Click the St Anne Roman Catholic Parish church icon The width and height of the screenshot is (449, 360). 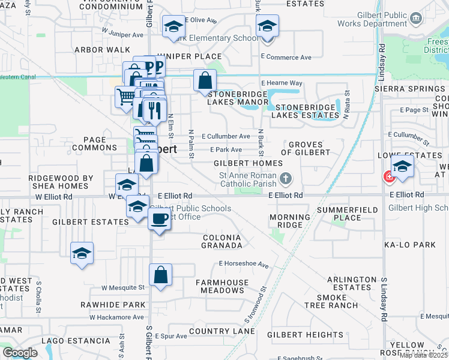pyautogui.click(x=286, y=178)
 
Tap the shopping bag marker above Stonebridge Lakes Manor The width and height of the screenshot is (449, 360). pyautogui.click(x=205, y=80)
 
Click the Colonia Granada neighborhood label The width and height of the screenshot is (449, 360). pyautogui.click(x=221, y=241)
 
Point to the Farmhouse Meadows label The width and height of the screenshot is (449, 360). pyautogui.click(x=222, y=286)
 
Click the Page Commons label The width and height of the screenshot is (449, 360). pyautogui.click(x=94, y=143)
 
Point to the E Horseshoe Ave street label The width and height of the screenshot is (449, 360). pyautogui.click(x=243, y=263)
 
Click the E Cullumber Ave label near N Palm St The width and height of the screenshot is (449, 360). pyautogui.click(x=226, y=137)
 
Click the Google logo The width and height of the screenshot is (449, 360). pyautogui.click(x=20, y=353)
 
